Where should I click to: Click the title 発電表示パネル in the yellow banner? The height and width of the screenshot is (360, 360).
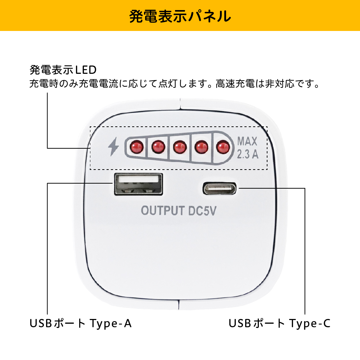(180, 16)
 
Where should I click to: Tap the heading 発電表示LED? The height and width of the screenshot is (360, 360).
(63, 70)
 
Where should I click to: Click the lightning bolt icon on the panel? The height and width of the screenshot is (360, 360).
(113, 147)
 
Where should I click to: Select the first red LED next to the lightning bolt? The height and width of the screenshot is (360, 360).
(137, 147)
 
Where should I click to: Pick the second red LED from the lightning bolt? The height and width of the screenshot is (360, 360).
(158, 147)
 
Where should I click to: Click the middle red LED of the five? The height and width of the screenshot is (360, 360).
(180, 147)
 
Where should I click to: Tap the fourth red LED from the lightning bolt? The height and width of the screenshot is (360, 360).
(201, 147)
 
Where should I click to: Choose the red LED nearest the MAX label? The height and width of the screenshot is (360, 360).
(223, 147)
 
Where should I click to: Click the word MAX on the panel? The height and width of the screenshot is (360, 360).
(247, 141)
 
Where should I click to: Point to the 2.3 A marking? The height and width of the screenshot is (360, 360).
(248, 154)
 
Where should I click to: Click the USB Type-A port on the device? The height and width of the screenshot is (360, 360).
(139, 184)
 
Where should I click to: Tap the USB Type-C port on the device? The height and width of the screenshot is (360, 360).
(220, 189)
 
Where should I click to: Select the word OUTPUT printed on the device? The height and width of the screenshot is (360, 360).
(163, 211)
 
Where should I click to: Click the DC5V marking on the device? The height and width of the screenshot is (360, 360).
(202, 211)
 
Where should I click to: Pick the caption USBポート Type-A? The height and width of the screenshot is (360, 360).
(81, 323)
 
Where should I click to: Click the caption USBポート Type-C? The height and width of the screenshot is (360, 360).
(280, 323)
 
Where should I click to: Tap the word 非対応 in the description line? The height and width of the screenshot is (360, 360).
(280, 84)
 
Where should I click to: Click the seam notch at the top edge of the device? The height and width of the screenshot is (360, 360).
(180, 104)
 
